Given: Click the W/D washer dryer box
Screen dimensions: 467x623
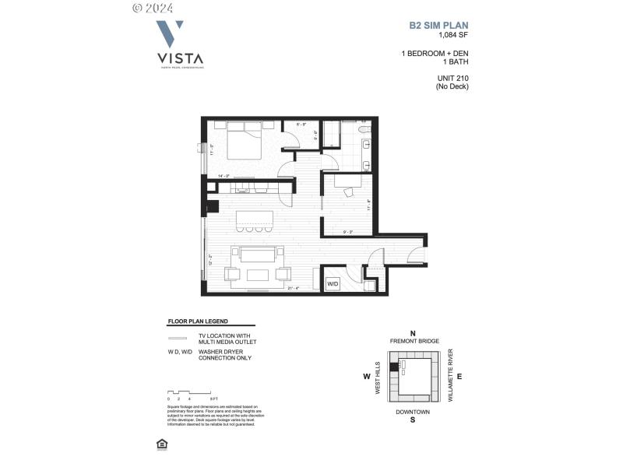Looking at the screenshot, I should click(332, 283).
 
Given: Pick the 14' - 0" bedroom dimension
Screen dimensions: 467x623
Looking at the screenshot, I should click(224, 176).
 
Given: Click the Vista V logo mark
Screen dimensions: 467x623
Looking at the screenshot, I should click(170, 35).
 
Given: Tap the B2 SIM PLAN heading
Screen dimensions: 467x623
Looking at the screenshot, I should click(439, 25).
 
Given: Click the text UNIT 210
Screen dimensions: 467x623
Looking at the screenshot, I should click(452, 78).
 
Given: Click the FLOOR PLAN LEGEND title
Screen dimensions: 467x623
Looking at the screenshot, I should click(199, 321).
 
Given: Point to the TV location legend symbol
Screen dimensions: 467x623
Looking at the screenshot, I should click(178, 338).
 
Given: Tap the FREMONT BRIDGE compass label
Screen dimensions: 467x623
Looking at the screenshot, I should click(414, 342).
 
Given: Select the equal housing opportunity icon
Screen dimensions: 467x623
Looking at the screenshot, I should click(161, 444).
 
